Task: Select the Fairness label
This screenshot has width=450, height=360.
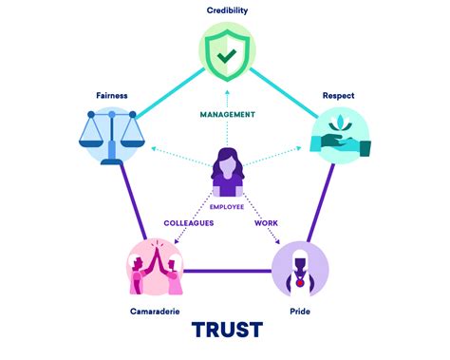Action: coord(111,95)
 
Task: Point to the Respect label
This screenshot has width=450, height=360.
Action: coord(339,95)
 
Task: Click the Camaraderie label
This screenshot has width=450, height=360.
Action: coord(155,311)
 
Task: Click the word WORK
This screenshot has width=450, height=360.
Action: coord(266,224)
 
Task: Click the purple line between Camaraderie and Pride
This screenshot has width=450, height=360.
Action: coord(228,271)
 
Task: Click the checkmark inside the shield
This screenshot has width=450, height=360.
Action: coord(226,55)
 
